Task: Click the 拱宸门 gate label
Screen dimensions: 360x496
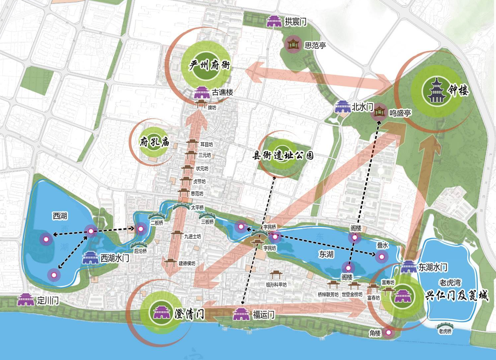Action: click(295, 22)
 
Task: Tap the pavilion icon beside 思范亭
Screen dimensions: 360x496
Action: click(292, 44)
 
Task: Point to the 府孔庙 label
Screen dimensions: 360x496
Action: click(154, 142)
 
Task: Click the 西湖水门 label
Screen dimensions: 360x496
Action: click(115, 258)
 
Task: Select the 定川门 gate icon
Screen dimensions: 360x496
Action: click(26, 300)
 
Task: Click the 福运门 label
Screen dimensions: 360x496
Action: click(264, 314)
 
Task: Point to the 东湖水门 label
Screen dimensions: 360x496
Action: click(433, 267)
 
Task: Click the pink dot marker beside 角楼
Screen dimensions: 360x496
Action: click(388, 332)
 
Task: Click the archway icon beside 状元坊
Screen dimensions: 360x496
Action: click(187, 168)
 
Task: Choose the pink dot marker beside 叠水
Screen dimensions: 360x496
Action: click(382, 256)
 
